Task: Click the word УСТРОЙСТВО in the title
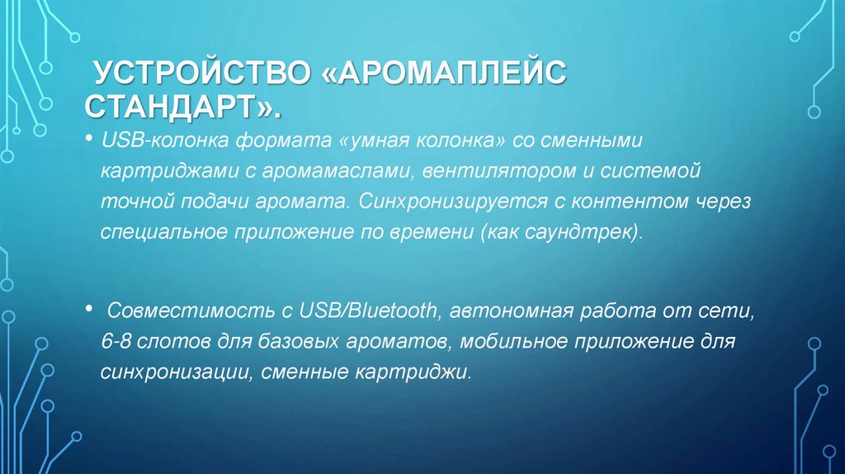click(199, 75)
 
